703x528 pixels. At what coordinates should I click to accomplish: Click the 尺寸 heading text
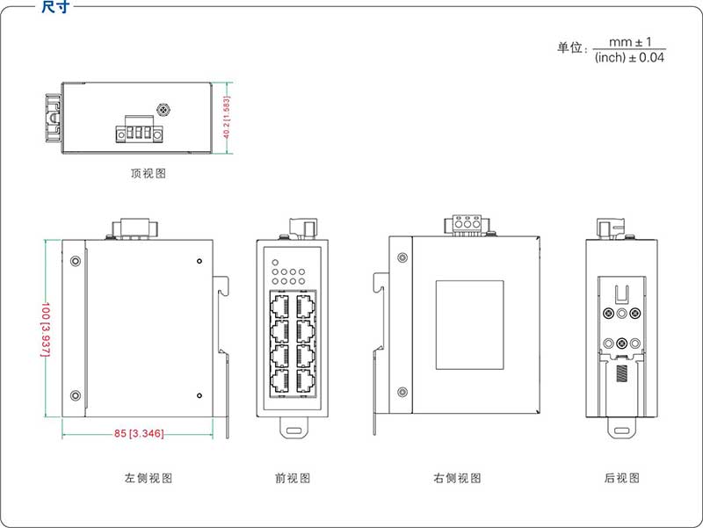(x=55, y=7)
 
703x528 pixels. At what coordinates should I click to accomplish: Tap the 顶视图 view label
(x=148, y=174)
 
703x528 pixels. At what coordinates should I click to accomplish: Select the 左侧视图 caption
(x=148, y=479)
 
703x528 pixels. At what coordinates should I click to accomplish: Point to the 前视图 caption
(x=293, y=479)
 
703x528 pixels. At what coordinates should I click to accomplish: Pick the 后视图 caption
(x=622, y=479)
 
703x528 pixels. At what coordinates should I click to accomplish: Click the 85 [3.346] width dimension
(x=139, y=432)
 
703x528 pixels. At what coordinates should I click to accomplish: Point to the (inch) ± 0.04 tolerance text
(x=629, y=57)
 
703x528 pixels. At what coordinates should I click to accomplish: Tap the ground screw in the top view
(x=163, y=111)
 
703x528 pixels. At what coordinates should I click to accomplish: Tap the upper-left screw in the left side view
(x=76, y=261)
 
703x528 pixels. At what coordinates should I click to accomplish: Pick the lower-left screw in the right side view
(x=402, y=392)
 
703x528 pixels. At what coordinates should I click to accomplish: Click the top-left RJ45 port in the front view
(x=281, y=305)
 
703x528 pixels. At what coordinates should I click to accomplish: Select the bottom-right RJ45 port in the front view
(x=305, y=380)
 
